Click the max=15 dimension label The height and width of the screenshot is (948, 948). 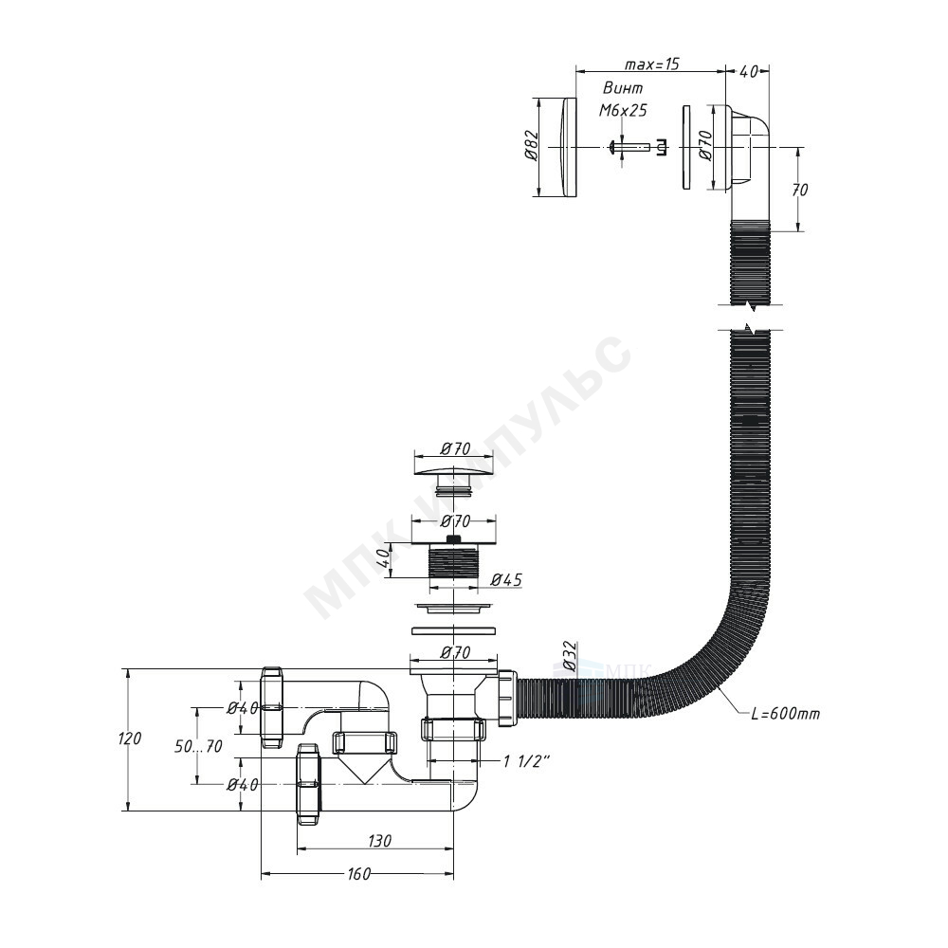652,64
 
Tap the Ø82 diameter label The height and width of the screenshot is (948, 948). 532,146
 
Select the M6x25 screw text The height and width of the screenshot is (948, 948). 623,110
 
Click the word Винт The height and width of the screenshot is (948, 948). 623,88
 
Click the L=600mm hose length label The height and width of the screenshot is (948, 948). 785,714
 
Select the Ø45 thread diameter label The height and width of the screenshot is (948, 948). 506,580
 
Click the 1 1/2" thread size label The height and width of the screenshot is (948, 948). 525,761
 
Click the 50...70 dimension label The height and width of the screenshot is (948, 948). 198,747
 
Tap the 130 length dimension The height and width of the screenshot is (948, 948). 379,840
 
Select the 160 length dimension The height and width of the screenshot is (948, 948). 358,874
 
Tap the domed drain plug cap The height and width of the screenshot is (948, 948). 453,470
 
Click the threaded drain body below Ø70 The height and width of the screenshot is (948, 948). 453,562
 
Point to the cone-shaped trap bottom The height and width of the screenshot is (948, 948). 363,768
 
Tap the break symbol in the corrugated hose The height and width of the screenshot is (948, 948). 750,318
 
